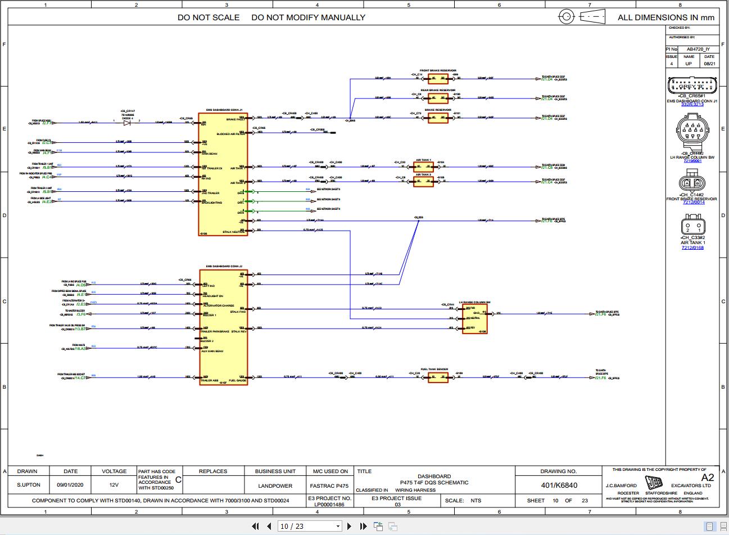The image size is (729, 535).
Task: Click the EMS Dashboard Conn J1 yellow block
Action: pos(223,174)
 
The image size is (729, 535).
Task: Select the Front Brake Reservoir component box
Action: pos(438,79)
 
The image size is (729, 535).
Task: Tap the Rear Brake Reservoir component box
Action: pos(438,98)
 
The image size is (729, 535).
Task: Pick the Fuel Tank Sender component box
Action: pos(438,377)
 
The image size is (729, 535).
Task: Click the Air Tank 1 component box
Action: pos(423,167)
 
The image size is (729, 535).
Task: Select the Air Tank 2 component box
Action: pos(423,181)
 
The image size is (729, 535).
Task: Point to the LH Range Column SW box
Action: pos(474,319)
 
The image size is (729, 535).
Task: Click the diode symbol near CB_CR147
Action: pos(126,122)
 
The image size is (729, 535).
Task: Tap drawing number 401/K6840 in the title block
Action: pos(559,485)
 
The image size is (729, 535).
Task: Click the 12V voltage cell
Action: pos(114,485)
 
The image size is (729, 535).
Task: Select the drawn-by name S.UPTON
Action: pos(28,485)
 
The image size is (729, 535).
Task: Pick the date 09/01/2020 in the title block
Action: pos(70,485)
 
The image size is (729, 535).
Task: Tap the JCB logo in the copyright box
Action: pos(654,484)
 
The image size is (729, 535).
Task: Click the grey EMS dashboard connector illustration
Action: pos(692,86)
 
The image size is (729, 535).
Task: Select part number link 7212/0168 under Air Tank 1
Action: pos(692,248)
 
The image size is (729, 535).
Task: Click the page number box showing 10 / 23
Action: pos(310,527)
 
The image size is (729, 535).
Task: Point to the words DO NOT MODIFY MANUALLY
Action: pos(308,17)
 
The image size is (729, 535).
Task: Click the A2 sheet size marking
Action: pos(707,477)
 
